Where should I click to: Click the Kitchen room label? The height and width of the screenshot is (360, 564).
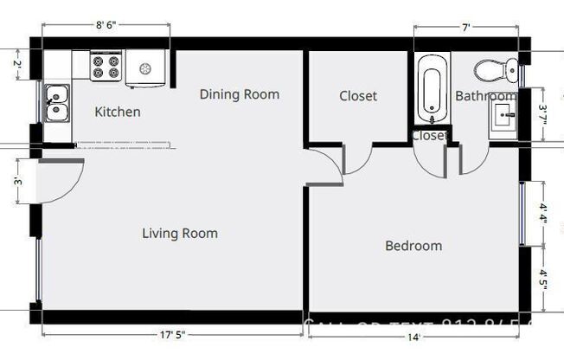click(117, 112)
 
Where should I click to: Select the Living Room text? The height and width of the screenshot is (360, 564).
click(180, 233)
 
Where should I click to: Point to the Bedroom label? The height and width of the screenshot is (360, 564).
click(413, 246)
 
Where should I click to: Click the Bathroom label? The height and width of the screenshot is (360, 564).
click(485, 95)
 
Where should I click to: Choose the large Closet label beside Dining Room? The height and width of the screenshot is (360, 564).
click(358, 95)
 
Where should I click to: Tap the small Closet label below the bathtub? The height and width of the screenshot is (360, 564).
click(429, 136)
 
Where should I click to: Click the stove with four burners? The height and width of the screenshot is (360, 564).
click(106, 67)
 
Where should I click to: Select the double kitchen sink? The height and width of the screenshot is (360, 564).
click(57, 102)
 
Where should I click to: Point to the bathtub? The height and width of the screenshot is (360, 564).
click(430, 88)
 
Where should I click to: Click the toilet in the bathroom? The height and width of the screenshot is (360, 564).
click(499, 67)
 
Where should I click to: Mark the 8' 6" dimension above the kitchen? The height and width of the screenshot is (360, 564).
click(114, 26)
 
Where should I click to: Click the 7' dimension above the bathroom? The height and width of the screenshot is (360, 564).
click(466, 27)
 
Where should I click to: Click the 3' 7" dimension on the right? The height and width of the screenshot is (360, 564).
click(543, 114)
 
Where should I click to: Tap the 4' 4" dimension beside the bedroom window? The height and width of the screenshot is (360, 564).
click(543, 214)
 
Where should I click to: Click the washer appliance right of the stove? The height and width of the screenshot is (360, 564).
click(146, 67)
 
